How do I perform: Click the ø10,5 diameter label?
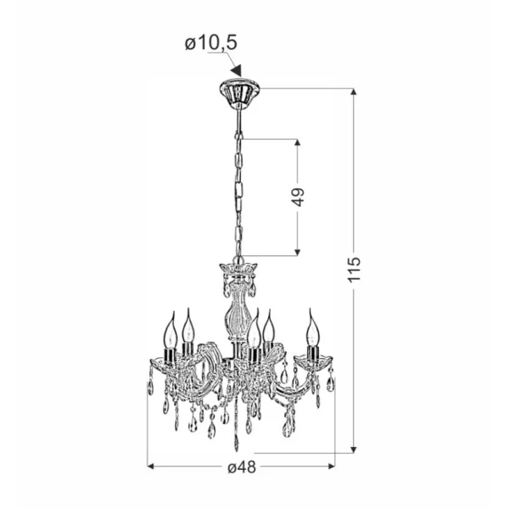click(211, 43)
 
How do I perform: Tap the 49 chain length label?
click(298, 197)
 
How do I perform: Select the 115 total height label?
click(355, 270)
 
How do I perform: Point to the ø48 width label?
click(242, 467)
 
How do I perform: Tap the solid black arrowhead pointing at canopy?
click(237, 70)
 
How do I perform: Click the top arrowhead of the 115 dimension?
click(354, 92)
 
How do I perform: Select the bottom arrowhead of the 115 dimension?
click(354, 450)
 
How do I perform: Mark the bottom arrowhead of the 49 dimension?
click(298, 252)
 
